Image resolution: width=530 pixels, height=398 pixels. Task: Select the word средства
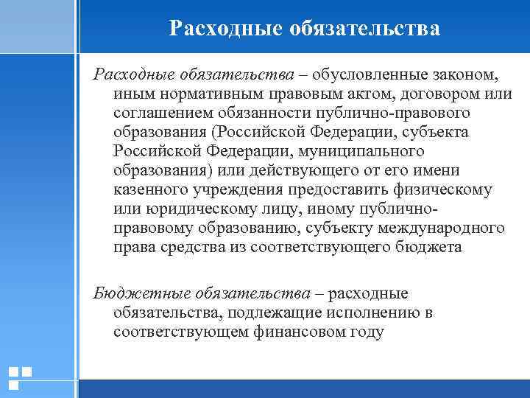coord(185,247)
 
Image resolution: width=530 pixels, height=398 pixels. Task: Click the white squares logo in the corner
coord(20,377)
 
